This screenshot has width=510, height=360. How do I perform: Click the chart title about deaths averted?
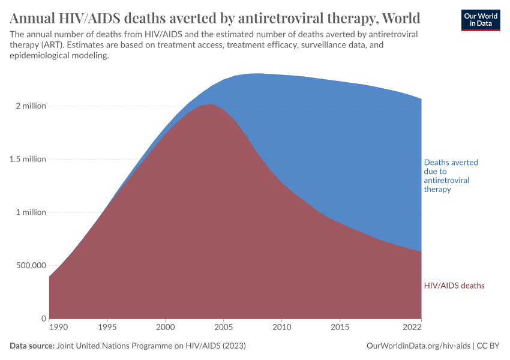click(x=215, y=17)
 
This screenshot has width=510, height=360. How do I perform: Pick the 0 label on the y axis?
click(x=43, y=319)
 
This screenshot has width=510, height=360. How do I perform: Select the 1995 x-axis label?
click(x=107, y=328)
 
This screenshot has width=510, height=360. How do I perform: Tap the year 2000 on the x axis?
click(x=166, y=328)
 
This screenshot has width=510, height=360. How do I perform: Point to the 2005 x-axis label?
click(x=223, y=328)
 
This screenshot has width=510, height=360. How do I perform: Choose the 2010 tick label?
click(x=281, y=328)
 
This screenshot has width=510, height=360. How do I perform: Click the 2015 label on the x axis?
click(x=340, y=328)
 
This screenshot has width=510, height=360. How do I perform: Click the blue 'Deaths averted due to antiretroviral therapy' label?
click(x=451, y=175)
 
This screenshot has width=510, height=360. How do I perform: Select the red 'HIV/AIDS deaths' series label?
click(x=454, y=286)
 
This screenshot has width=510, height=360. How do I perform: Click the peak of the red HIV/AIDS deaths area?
click(x=211, y=104)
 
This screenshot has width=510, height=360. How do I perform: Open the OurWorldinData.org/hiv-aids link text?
click(x=418, y=346)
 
